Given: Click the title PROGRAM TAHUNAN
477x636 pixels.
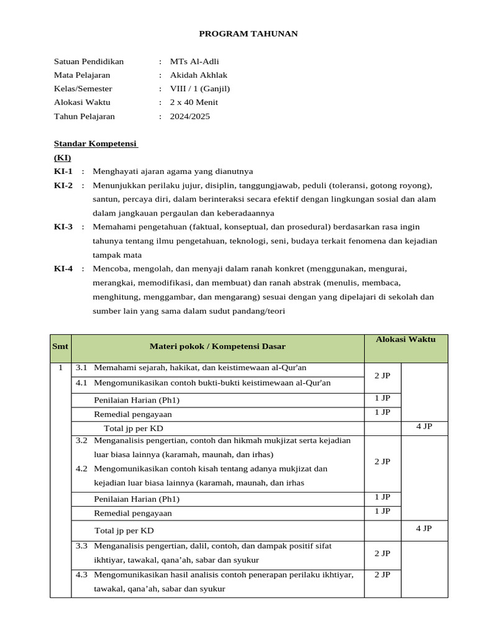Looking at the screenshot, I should point(248,34).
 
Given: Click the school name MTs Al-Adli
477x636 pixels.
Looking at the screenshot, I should point(194,61).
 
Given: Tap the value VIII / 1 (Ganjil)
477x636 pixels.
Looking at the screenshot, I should point(199,89).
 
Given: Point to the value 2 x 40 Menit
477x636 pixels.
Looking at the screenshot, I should point(194,102).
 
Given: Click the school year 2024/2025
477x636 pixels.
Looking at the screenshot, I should point(190,116).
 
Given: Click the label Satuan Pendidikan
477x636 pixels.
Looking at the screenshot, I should point(89,61).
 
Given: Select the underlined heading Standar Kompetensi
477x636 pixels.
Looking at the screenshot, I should point(95,143).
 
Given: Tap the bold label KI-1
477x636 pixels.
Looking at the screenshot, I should point(63,171).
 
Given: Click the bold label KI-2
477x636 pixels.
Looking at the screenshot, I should point(63,185).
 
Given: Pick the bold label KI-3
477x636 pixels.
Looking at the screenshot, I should point(63,227).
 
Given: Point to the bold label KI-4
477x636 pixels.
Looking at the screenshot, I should point(63,268).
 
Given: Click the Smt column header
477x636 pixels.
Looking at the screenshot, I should point(60,347).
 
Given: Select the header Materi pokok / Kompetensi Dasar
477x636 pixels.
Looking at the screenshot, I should point(217,347).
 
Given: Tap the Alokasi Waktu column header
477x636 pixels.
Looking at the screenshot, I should point(406,339).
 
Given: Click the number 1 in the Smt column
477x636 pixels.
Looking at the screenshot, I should point(60,368).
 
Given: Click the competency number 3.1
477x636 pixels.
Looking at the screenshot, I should point(81,368).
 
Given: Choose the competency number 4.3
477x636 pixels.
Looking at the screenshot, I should point(81,575).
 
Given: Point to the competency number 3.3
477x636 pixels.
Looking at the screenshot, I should point(81,546).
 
